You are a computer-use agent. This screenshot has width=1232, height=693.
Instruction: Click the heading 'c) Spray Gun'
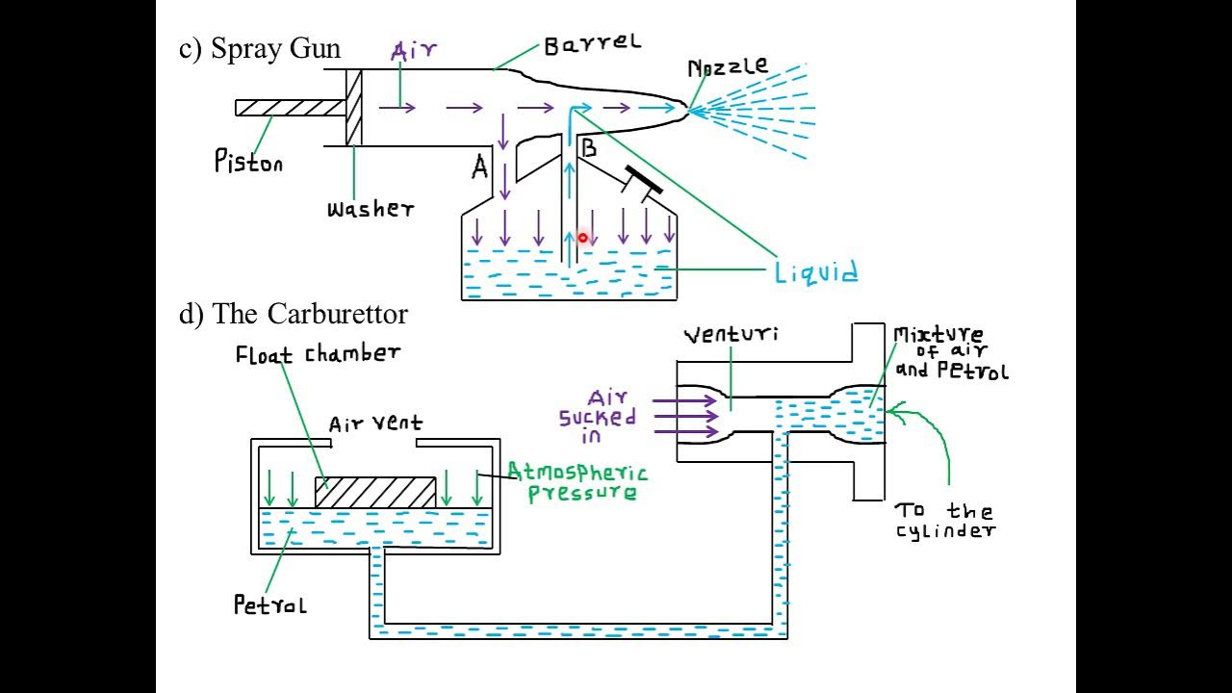[x=260, y=49]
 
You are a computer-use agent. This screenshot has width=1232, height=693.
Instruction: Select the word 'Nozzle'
[x=728, y=67]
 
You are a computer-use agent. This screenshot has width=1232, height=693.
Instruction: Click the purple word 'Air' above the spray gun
[x=415, y=52]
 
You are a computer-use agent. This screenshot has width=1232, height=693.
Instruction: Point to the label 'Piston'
[x=248, y=161]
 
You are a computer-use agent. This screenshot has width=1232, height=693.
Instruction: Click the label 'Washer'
[x=371, y=209]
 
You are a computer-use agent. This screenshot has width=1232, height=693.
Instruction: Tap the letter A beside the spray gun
[x=480, y=168]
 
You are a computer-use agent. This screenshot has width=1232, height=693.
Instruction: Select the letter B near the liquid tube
[x=588, y=148]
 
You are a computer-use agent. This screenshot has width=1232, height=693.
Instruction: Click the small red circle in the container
[x=582, y=237]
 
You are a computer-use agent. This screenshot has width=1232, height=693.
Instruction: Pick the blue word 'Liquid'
[x=816, y=273]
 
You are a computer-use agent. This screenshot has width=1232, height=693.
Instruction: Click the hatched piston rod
[x=291, y=107]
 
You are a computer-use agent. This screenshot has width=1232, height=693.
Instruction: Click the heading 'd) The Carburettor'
[x=294, y=314]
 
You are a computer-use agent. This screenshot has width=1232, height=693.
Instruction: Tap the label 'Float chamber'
[x=318, y=354]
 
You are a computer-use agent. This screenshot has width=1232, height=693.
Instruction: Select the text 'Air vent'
[x=375, y=423]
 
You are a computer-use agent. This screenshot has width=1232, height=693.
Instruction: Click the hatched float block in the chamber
[x=375, y=492]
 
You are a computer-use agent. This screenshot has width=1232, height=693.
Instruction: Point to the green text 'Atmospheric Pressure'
[x=577, y=481]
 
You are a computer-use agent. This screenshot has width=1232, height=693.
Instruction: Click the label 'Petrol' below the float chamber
[x=269, y=604]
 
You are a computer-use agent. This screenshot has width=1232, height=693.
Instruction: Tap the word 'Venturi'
[x=731, y=335]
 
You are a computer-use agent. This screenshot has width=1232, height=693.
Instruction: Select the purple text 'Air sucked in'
[x=598, y=417]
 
